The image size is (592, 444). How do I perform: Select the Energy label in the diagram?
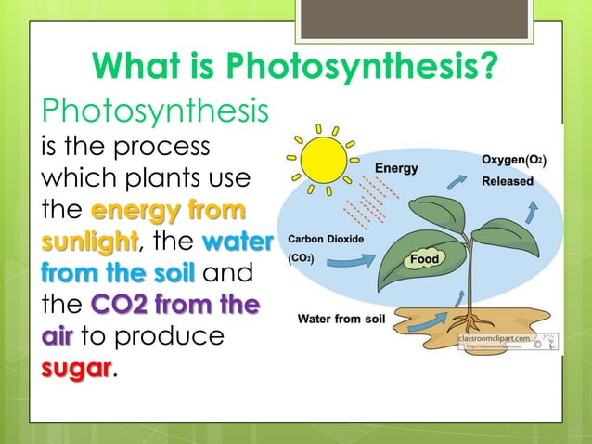[x=396, y=168]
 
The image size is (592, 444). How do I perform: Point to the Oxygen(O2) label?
[x=513, y=161]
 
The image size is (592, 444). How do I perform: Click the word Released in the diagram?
[x=507, y=181]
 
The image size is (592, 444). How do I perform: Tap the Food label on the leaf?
[x=424, y=258]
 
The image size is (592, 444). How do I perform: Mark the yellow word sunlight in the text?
[x=88, y=243]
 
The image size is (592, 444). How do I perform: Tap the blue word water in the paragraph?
[x=237, y=243]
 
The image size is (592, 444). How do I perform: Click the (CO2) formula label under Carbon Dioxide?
[x=302, y=257]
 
